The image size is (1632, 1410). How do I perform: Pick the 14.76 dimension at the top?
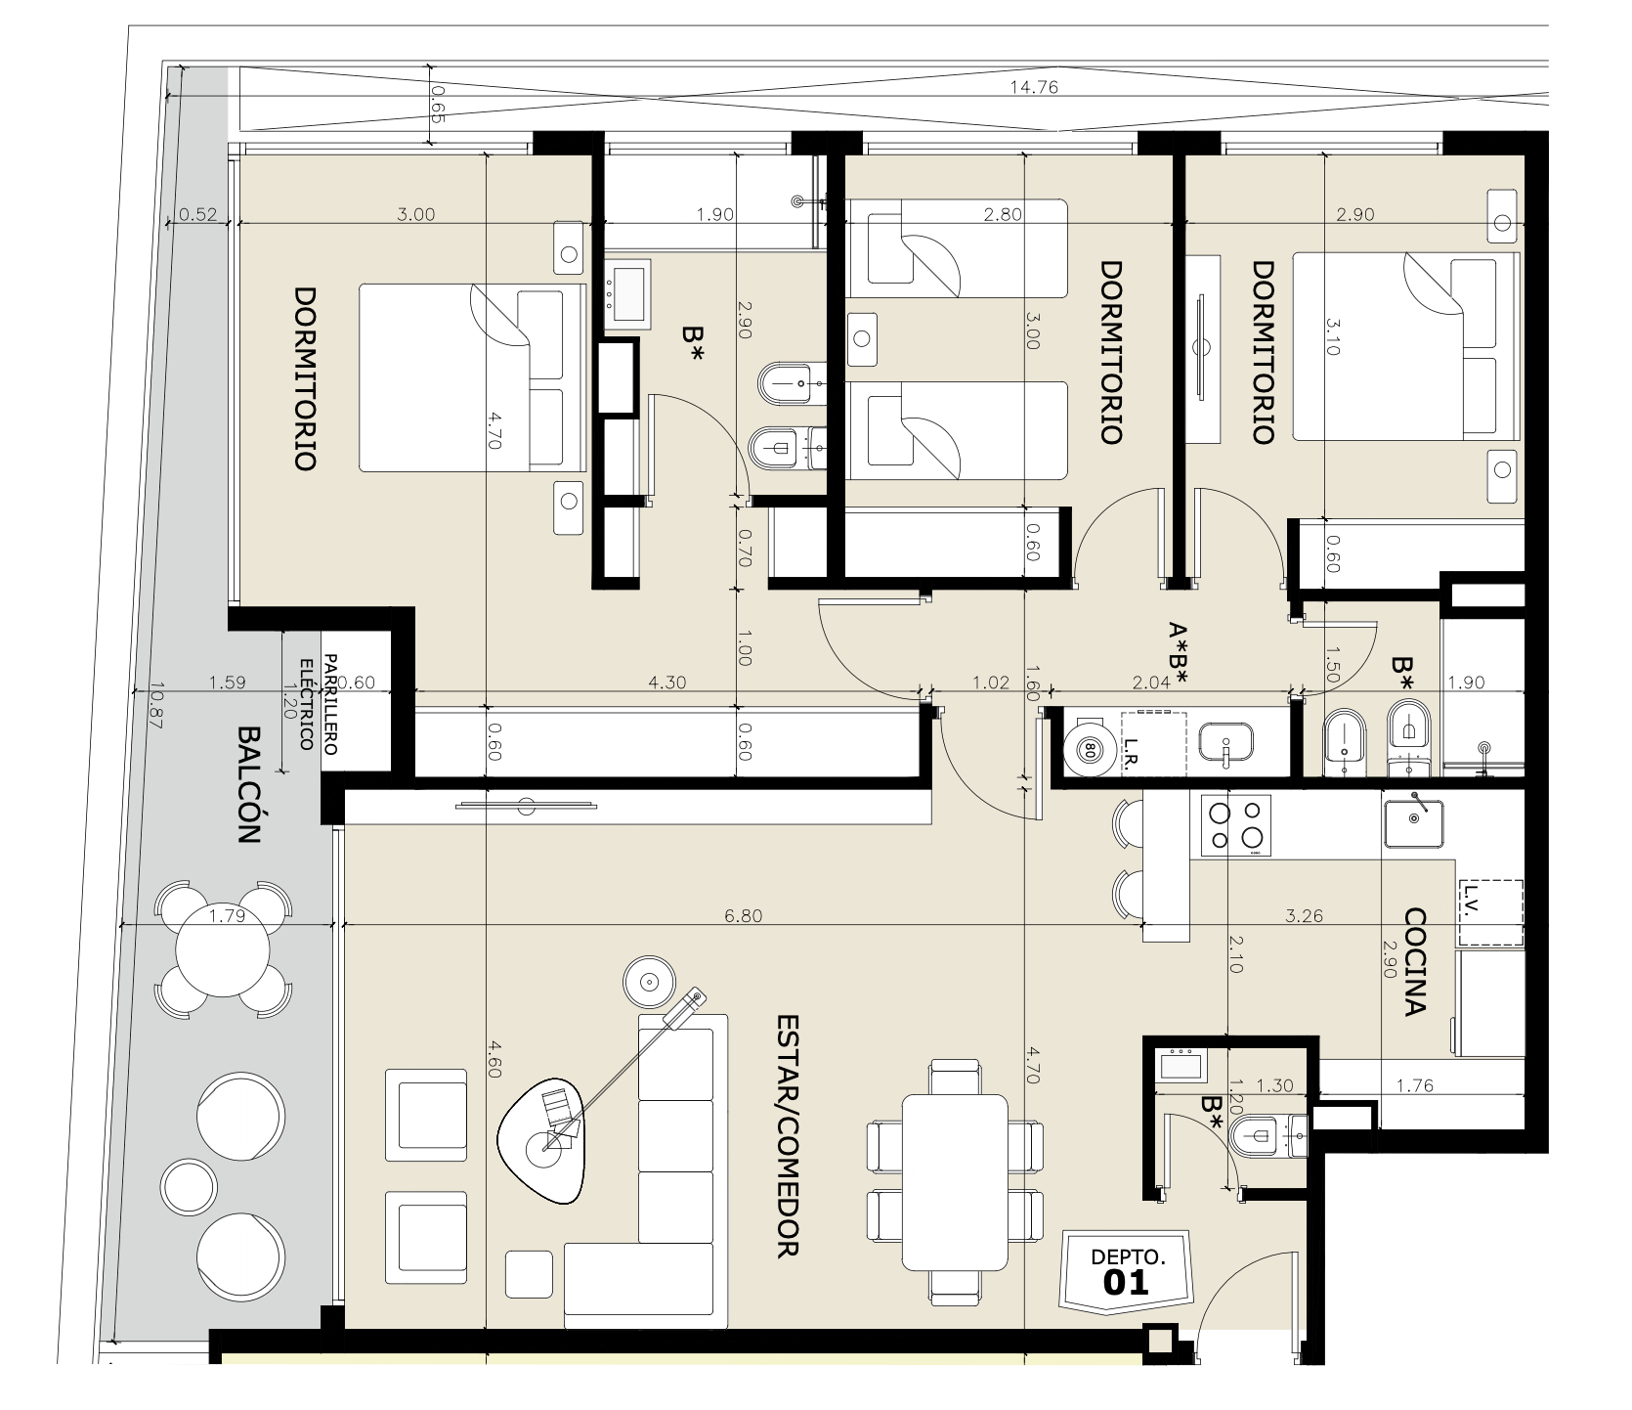1034,87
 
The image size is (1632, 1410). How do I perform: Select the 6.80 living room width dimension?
743,916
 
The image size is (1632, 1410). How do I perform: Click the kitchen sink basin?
1414,820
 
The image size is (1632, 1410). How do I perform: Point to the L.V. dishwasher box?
1490,912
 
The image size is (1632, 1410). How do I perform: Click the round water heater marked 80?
1089,751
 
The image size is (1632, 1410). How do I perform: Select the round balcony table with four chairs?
222,948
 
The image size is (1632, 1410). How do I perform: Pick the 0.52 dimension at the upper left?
198,215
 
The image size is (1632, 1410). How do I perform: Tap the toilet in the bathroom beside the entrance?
1263,1135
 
